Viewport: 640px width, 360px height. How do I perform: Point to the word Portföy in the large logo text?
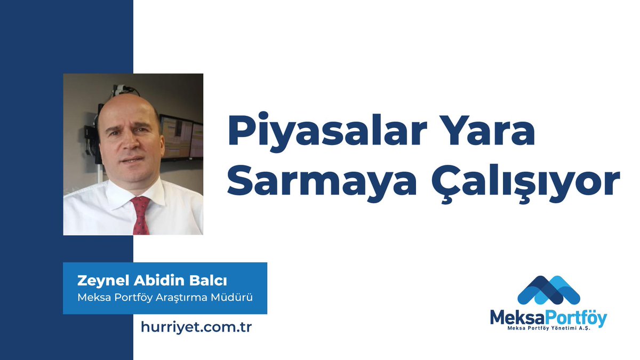[x=578, y=318]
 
